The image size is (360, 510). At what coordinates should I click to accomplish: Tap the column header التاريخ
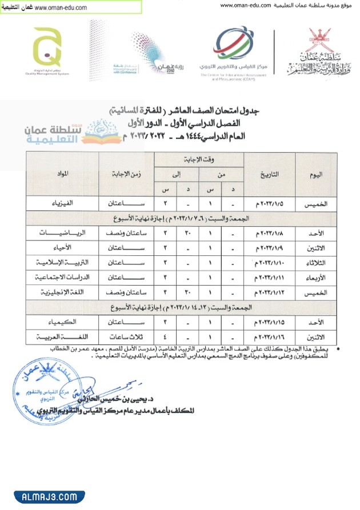coord(269,174)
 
